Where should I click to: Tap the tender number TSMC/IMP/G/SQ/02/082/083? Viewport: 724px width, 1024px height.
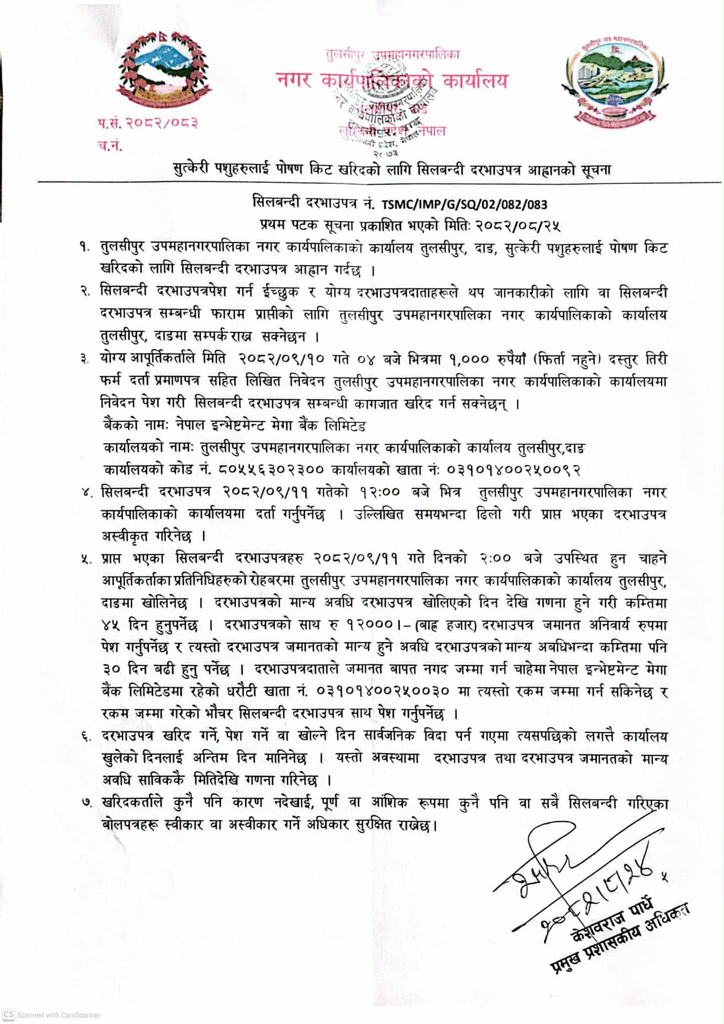464,204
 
